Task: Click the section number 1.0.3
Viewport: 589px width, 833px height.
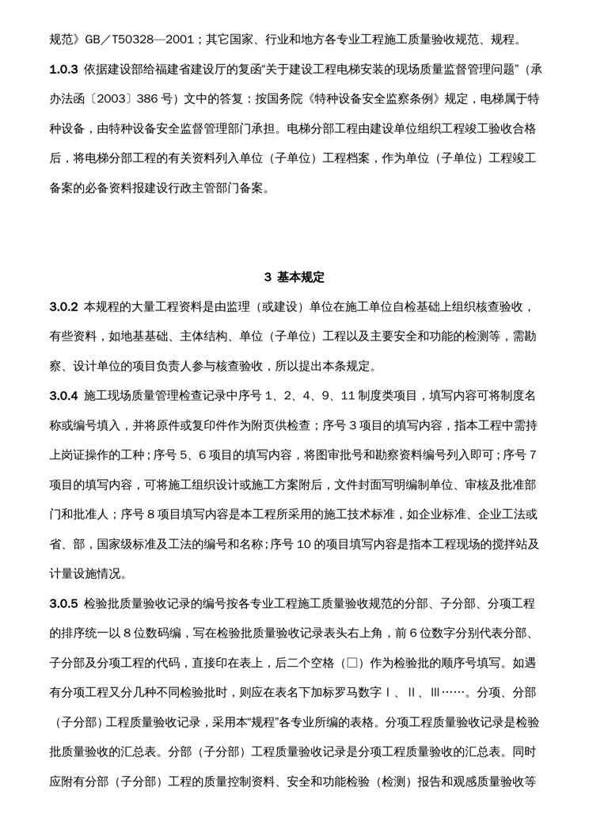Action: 63,69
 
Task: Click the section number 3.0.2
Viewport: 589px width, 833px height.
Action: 63,306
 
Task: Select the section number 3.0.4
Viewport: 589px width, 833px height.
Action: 63,394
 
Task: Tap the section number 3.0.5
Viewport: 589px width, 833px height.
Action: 63,604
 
